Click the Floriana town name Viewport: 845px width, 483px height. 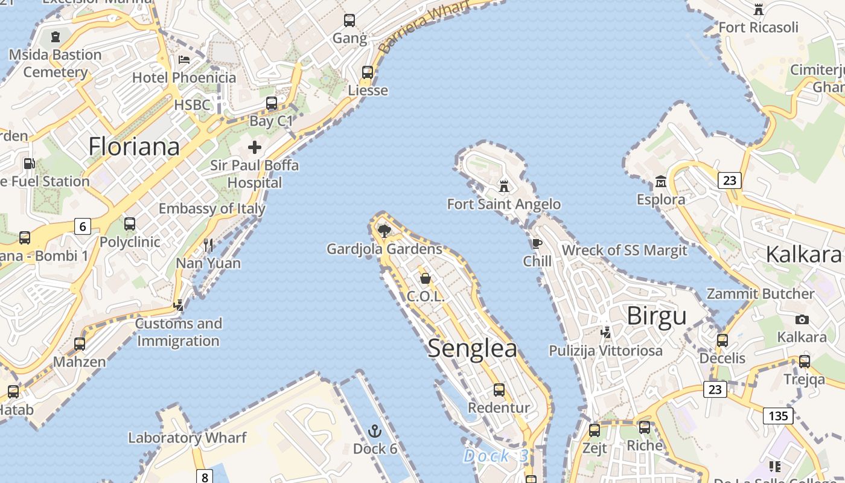pyautogui.click(x=134, y=147)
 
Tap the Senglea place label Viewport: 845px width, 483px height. pyautogui.click(x=473, y=349)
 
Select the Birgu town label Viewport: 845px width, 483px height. pyautogui.click(x=657, y=316)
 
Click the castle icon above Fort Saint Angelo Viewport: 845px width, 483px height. pyautogui.click(x=504, y=186)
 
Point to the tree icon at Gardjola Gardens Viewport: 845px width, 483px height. pyautogui.click(x=383, y=230)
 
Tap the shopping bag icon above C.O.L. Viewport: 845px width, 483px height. pyautogui.click(x=426, y=278)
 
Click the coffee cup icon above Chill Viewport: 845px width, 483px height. pyautogui.click(x=537, y=243)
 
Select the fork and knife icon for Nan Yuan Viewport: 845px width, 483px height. pyautogui.click(x=208, y=245)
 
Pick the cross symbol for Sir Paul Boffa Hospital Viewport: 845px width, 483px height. pyautogui.click(x=255, y=147)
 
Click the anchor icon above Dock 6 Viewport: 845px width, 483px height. pyautogui.click(x=375, y=431)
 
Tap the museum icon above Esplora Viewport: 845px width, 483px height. pyautogui.click(x=661, y=181)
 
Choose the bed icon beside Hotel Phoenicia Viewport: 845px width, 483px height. pyautogui.click(x=184, y=60)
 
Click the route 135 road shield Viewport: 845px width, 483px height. pyautogui.click(x=778, y=415)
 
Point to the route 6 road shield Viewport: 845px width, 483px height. pyautogui.click(x=82, y=226)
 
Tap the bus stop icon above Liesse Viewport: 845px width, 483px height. pyautogui.click(x=368, y=72)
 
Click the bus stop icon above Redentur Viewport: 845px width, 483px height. pyautogui.click(x=499, y=389)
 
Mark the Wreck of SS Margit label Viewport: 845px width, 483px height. pyautogui.click(x=625, y=251)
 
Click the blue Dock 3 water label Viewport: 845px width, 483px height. pyautogui.click(x=496, y=456)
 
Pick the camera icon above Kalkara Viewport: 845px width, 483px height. pyautogui.click(x=802, y=319)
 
